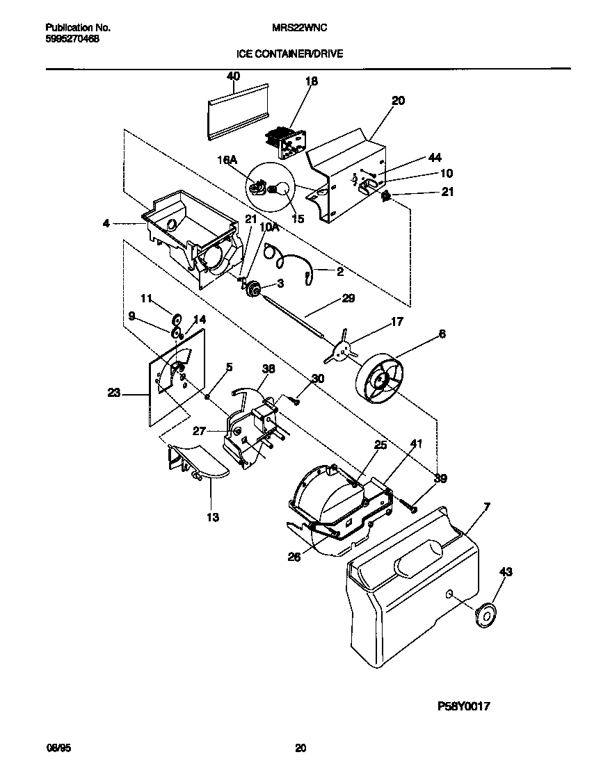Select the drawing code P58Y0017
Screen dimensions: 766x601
click(x=464, y=706)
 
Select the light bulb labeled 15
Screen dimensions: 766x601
click(x=281, y=189)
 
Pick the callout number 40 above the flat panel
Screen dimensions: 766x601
click(x=233, y=76)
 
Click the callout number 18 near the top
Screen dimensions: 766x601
click(x=312, y=81)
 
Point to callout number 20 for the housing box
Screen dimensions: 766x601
click(x=397, y=100)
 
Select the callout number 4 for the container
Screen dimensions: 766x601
click(x=106, y=224)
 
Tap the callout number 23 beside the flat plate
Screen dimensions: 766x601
click(x=114, y=393)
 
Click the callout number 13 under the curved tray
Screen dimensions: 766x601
click(x=212, y=517)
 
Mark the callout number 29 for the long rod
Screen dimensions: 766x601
click(x=348, y=299)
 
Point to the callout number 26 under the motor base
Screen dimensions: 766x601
click(x=295, y=556)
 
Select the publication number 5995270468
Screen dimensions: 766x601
click(x=72, y=40)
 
